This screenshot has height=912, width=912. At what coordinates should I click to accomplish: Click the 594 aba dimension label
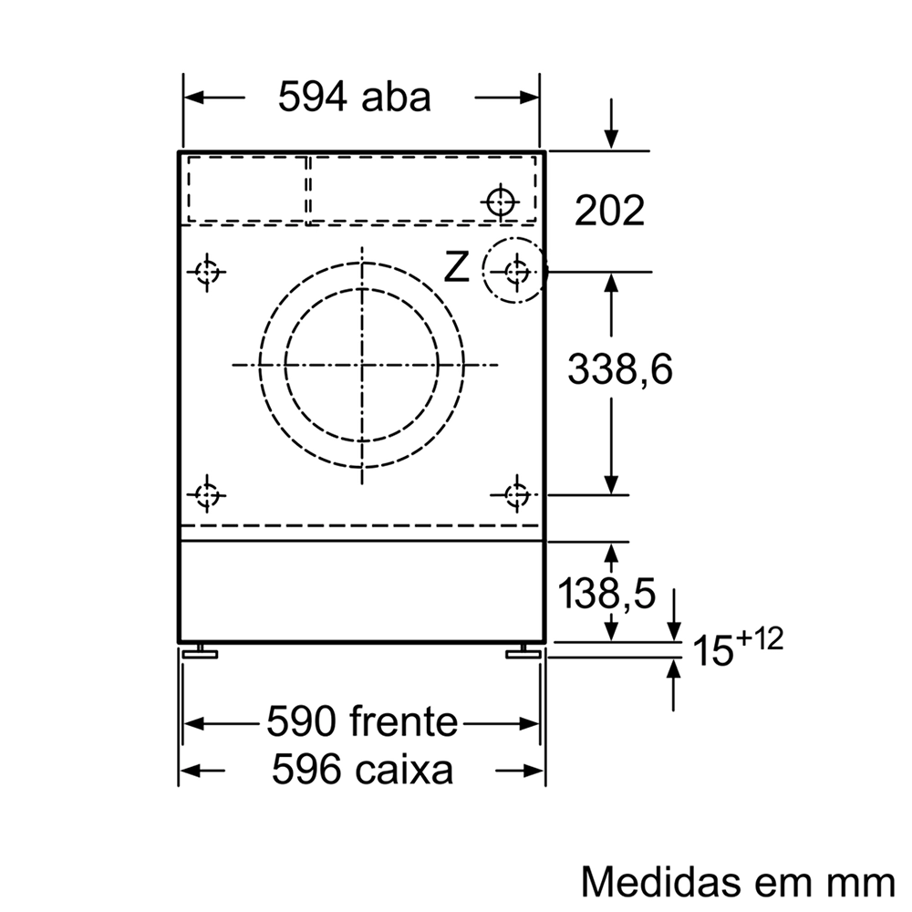(x=354, y=98)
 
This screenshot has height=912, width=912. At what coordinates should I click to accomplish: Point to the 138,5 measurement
(x=606, y=594)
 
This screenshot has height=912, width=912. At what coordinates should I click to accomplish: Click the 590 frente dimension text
(x=362, y=721)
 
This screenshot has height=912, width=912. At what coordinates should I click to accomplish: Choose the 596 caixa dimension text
(x=362, y=769)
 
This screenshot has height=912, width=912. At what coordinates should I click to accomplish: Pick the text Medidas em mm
(x=738, y=881)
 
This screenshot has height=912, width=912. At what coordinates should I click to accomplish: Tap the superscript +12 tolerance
(x=760, y=638)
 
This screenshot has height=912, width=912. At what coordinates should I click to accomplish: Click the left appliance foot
(x=200, y=652)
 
